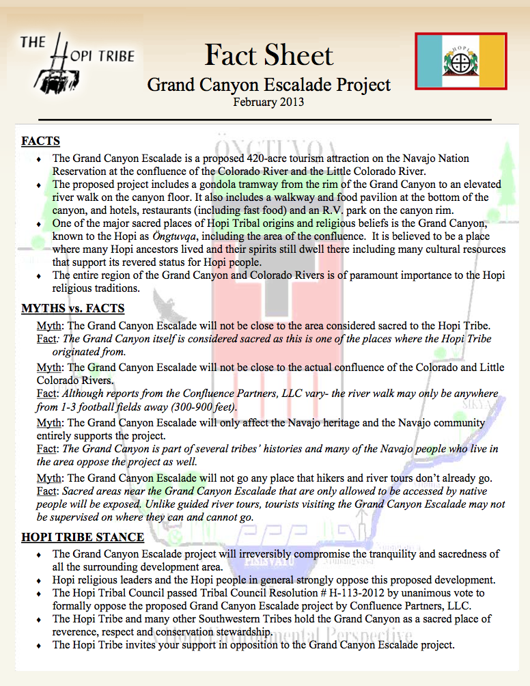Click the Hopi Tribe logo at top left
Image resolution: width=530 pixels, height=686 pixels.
tap(76, 62)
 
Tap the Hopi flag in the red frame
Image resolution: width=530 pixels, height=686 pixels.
tap(461, 61)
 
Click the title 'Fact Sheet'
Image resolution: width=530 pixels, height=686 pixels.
tap(269, 55)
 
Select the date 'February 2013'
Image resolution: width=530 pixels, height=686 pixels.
tap(268, 102)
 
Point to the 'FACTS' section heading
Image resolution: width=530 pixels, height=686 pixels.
tap(40, 141)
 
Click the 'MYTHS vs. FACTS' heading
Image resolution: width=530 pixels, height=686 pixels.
tap(72, 308)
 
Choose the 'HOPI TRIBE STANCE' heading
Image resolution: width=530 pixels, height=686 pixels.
tap(83, 537)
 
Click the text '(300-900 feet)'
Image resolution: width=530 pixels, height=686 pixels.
tap(203, 407)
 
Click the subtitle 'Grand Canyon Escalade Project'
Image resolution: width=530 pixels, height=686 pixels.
tap(269, 85)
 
